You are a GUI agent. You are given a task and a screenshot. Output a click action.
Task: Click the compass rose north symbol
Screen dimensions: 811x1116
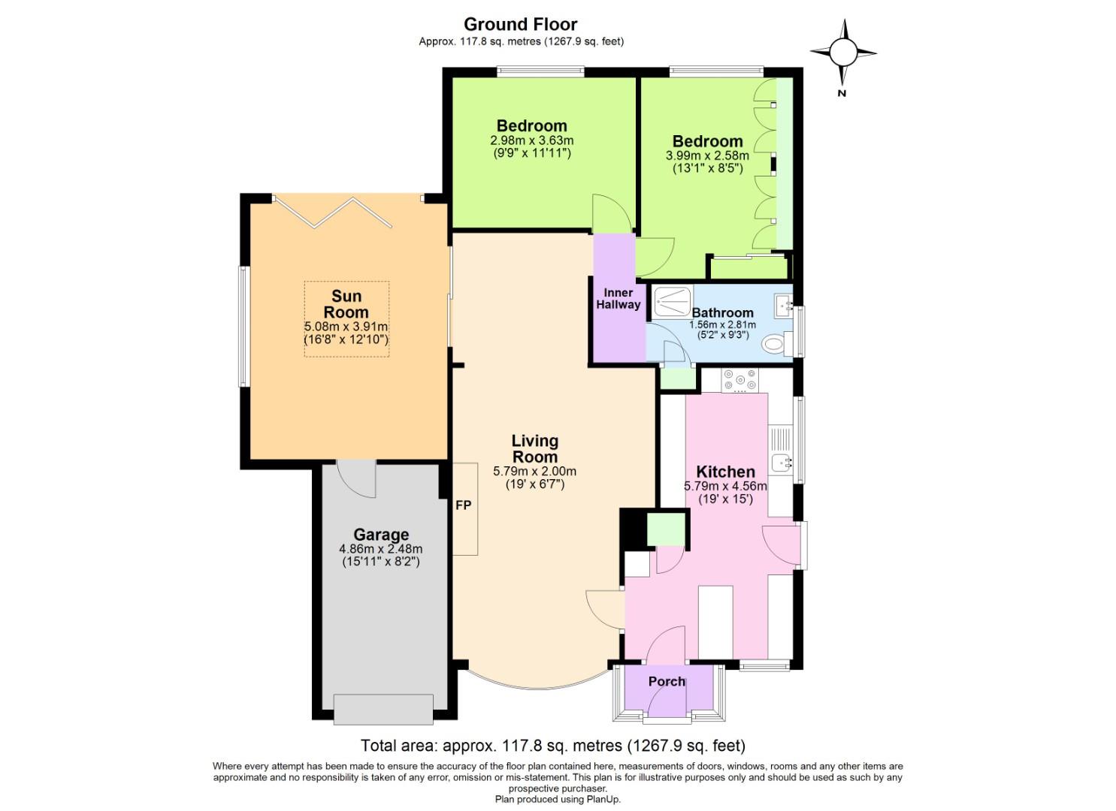842,53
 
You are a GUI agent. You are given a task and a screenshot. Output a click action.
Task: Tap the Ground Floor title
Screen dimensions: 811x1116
520,24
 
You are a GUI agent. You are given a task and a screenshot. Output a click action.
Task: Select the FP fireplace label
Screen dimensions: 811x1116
463,505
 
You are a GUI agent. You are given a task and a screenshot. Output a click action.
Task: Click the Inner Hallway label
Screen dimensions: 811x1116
618,298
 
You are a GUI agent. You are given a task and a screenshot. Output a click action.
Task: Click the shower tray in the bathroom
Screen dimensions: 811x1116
670,301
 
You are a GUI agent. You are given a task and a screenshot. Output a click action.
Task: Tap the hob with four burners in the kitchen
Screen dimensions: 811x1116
739,381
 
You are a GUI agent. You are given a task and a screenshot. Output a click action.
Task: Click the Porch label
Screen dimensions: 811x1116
667,681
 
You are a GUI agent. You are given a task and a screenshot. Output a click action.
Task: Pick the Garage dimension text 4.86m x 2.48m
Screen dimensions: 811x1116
381,549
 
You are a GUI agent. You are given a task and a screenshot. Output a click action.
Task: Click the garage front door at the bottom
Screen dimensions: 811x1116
383,710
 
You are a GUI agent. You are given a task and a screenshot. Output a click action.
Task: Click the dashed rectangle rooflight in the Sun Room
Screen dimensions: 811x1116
346,318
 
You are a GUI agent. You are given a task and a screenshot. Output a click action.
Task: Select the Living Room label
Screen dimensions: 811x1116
534,448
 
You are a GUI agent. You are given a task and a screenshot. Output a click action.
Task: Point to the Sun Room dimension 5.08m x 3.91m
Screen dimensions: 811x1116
346,327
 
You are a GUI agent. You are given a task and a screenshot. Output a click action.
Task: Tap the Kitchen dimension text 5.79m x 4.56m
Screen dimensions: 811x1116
725,486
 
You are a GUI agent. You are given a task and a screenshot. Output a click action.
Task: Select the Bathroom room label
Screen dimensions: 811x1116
722,312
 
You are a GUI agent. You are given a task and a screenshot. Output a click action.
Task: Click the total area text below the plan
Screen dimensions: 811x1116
553,746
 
